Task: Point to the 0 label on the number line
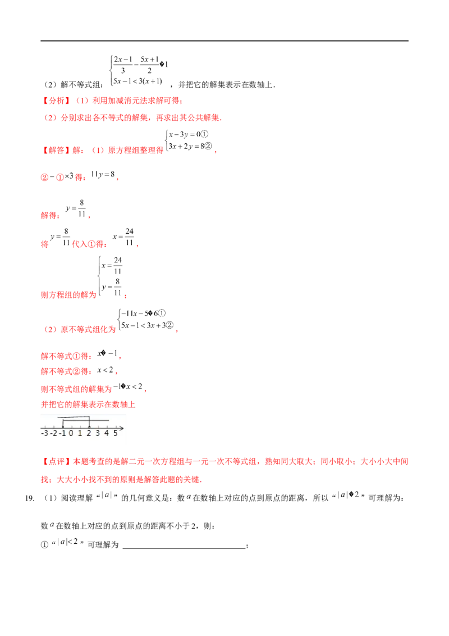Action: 71,433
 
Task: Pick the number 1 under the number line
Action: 80,433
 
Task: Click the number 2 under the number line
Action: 89,433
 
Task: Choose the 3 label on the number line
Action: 98,433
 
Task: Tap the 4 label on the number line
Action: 107,433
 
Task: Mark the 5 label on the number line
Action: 116,433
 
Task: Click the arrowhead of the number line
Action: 122,428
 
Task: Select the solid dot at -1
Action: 64,428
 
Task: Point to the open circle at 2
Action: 89,428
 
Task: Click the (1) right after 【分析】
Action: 83,102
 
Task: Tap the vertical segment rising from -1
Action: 63,423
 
